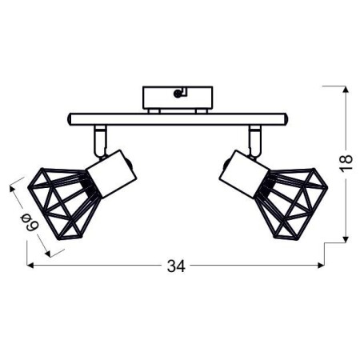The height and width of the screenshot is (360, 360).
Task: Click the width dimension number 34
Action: (176, 266)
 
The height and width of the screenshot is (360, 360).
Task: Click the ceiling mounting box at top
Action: (176, 98)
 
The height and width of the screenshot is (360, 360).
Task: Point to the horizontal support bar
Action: (176, 118)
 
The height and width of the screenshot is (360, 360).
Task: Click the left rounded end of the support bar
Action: (70, 118)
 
